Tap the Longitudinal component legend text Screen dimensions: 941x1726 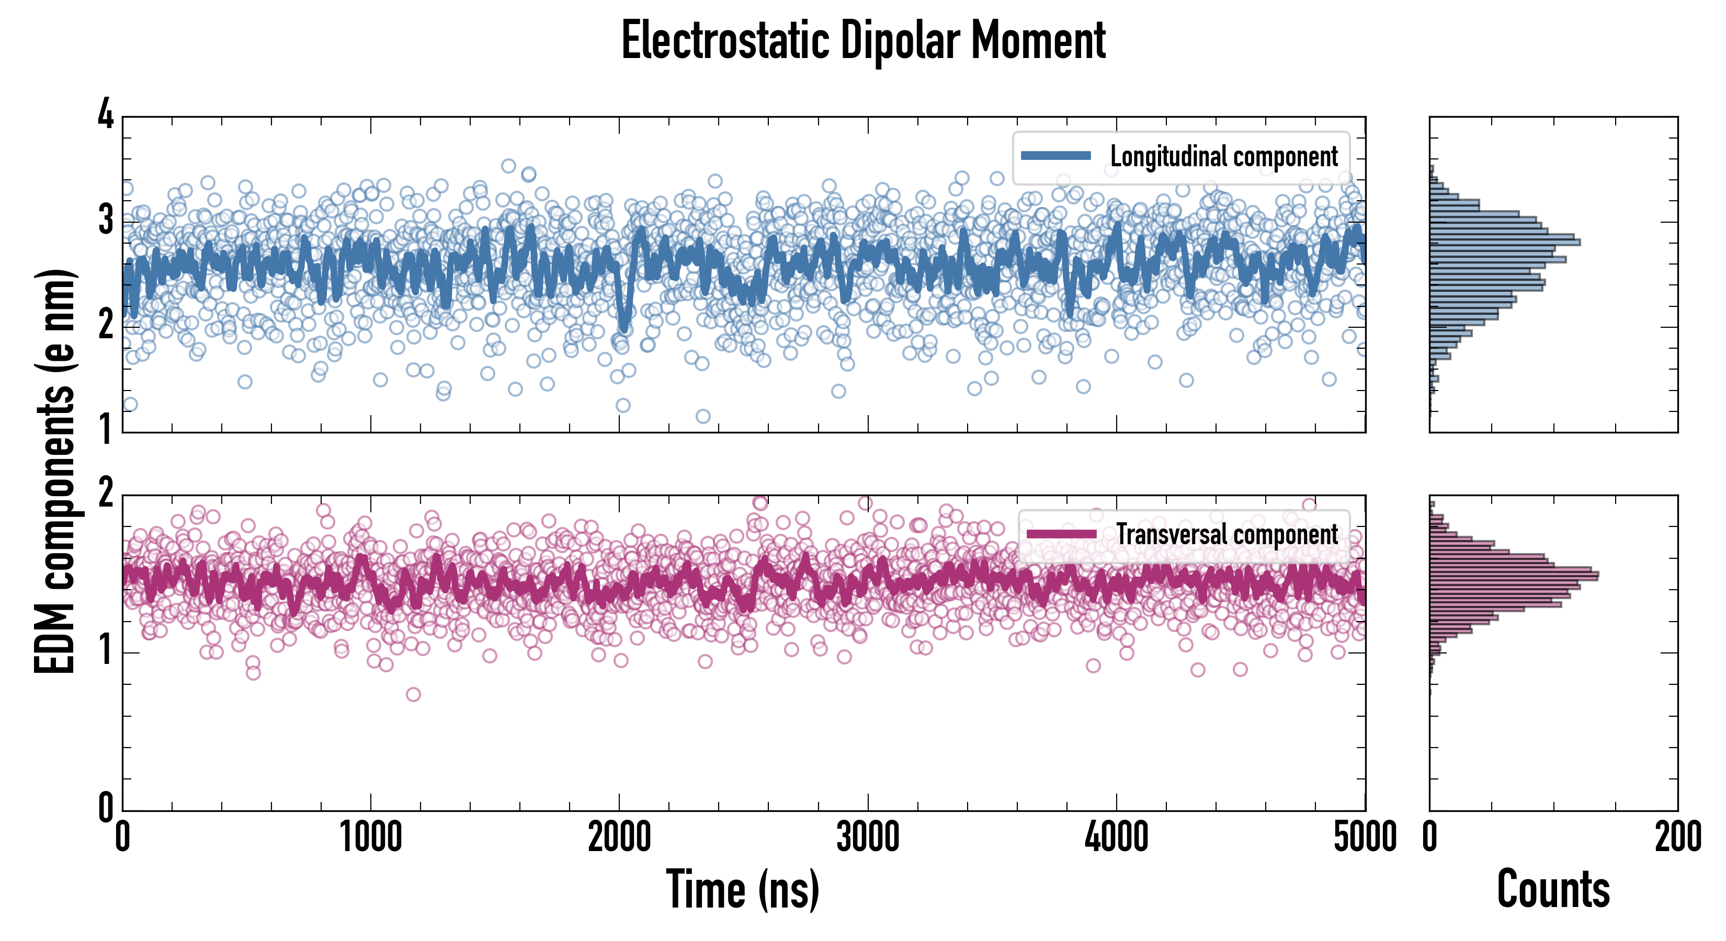[1223, 157]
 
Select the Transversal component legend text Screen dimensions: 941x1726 [1227, 534]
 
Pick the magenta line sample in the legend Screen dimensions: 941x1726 [1061, 534]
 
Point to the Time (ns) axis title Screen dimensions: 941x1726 [742, 889]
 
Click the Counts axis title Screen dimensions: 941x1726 [1553, 889]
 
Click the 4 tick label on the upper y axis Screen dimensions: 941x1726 [106, 114]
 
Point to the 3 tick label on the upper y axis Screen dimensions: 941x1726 [106, 220]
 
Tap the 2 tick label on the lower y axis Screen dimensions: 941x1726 [106, 494]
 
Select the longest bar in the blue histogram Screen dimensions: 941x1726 [1505, 242]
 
